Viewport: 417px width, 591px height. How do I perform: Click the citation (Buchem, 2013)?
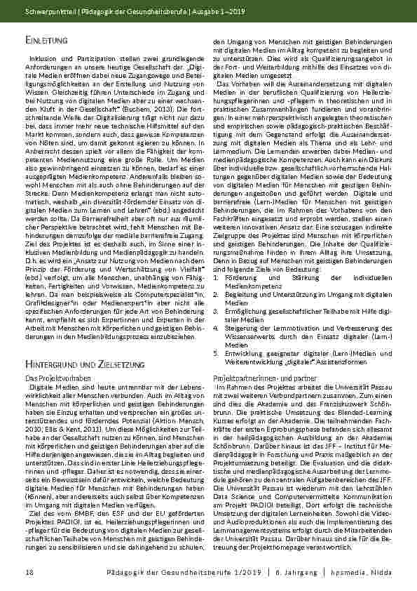pos(147,129)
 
